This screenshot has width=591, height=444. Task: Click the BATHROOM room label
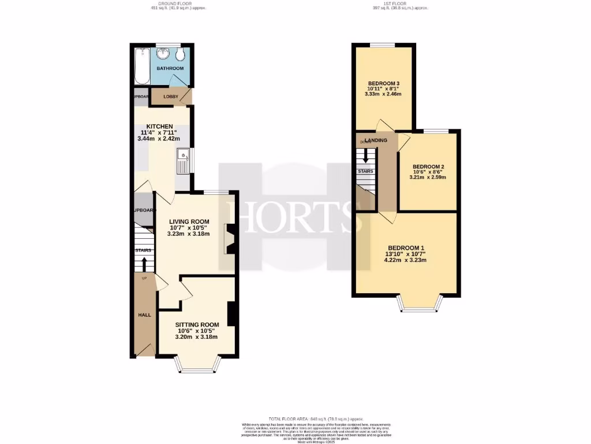click(x=171, y=68)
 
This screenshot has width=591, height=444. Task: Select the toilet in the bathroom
click(x=181, y=54)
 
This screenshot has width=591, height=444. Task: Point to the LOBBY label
click(x=171, y=96)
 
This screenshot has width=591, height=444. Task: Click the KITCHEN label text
click(x=159, y=127)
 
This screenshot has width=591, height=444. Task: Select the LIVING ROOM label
click(x=189, y=221)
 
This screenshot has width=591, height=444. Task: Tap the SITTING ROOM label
click(x=197, y=324)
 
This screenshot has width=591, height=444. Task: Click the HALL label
click(x=144, y=315)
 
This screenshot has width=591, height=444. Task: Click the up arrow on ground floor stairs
click(x=144, y=264)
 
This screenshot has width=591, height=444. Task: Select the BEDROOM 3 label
click(x=384, y=84)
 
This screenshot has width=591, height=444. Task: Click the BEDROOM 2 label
click(x=428, y=166)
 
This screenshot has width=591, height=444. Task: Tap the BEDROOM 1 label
click(x=406, y=244)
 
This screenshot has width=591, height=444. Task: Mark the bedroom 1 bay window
click(x=421, y=305)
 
